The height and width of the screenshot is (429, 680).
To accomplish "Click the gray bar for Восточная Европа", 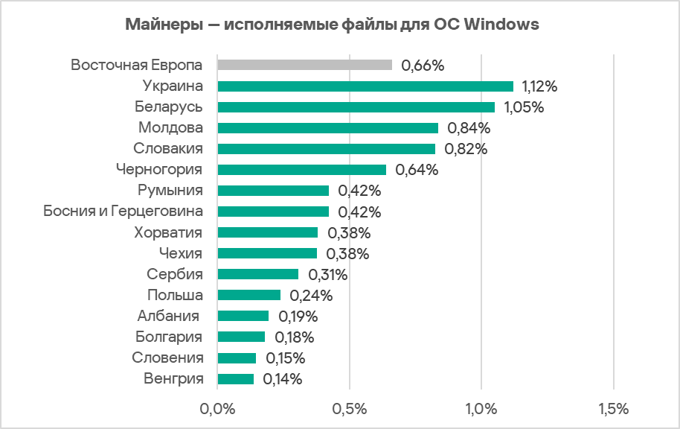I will [x=304, y=65].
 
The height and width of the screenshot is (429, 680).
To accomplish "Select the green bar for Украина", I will [x=365, y=86].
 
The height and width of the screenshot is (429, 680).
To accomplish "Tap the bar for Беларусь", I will [x=356, y=107].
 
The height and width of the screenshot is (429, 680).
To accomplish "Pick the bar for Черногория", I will [x=301, y=170].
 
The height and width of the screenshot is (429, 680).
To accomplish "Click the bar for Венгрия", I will [x=235, y=379].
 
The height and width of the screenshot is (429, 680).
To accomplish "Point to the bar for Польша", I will [x=248, y=295].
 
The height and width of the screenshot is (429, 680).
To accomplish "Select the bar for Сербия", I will [x=257, y=274].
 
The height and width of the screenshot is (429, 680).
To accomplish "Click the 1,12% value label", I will [x=539, y=86].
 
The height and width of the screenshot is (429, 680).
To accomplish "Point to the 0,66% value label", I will [x=423, y=66].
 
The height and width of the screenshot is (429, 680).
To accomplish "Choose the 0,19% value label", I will [x=297, y=316].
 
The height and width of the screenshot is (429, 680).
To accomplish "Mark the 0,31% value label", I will [x=327, y=274].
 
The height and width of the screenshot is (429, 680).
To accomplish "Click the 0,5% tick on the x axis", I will [x=349, y=408].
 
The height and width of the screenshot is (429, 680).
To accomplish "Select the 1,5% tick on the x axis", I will [x=613, y=408].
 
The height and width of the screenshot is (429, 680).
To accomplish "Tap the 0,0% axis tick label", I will [x=217, y=408].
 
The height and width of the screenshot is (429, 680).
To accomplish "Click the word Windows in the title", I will [x=501, y=25].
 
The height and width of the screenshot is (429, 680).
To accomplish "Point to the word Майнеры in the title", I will [x=161, y=25].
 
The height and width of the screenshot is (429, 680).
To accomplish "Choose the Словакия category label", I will [x=168, y=148].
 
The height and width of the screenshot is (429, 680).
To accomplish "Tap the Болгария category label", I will [x=170, y=337].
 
